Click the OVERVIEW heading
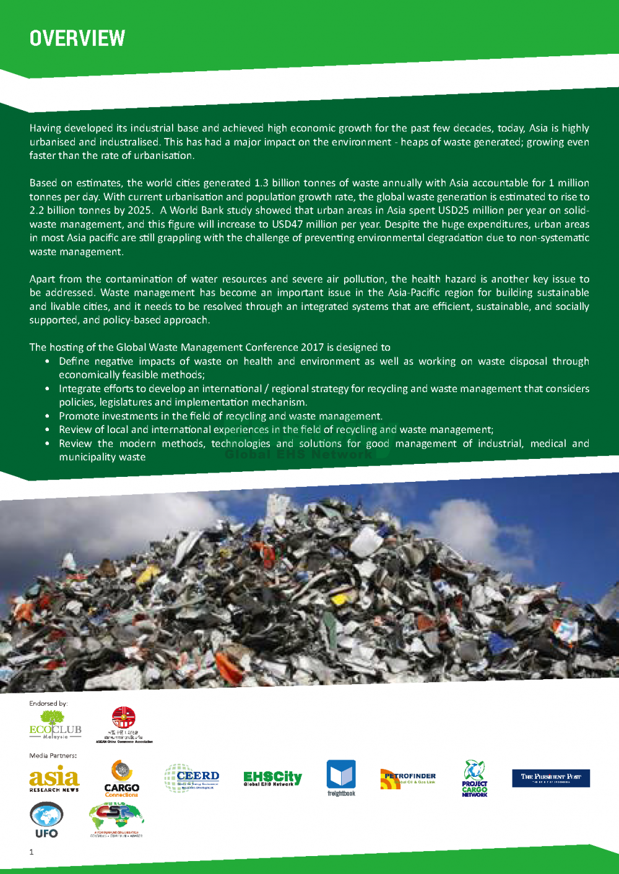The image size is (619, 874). coord(77,38)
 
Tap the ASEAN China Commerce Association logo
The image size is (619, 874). coord(124,724)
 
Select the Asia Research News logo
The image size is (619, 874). coord(54,779)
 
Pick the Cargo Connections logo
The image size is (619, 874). coord(121,779)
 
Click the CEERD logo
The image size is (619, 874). coord(192,778)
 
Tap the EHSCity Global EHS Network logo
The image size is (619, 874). coord(272,778)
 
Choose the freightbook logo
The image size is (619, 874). coord(341,778)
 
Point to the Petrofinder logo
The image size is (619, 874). coord(408,778)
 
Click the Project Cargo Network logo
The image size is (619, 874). coord(474,778)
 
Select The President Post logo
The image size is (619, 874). coord(550,778)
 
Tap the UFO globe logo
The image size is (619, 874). coord(46,820)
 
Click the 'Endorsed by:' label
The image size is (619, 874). coord(48,703)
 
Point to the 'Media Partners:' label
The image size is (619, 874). coord(53,755)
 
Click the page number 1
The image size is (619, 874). coord(32,852)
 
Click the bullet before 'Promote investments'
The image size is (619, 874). coord(48,416)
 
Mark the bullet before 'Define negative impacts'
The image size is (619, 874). coord(48,361)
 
